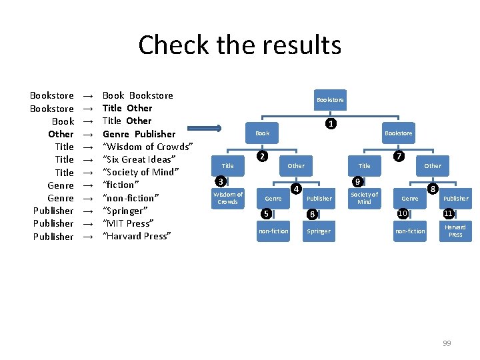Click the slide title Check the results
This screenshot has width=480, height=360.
pos(239,45)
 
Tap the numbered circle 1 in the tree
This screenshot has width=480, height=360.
pos(329,124)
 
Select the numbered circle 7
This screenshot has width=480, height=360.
pos(398,157)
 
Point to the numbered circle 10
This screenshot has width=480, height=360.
pos(402,213)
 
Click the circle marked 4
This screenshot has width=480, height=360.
pos(295,189)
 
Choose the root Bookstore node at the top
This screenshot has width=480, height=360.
pos(330,100)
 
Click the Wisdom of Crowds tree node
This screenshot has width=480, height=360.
pos(228,198)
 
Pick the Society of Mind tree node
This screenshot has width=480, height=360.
pos(364,198)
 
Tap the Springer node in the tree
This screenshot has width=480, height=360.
pos(319,231)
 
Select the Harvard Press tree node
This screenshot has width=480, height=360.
pos(455,231)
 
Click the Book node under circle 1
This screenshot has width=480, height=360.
pos(263,133)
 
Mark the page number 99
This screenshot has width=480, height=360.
pos(447,343)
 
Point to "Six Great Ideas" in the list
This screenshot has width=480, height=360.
pos(139,159)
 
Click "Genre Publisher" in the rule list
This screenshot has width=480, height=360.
pos(139,133)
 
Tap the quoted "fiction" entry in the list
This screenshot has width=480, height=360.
pos(121,185)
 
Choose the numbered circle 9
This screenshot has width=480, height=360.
pos(357,181)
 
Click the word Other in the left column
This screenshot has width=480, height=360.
pos(61,133)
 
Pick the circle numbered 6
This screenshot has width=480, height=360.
pos(311,214)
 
